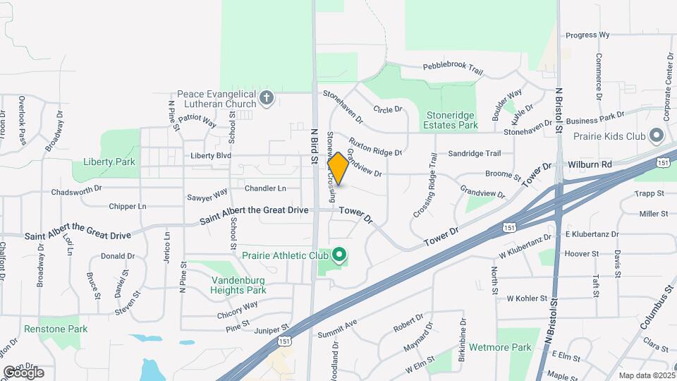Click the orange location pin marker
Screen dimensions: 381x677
tap(338, 169)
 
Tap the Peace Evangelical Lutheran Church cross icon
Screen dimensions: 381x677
tap(267, 98)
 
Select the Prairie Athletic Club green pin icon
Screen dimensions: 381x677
tap(339, 254)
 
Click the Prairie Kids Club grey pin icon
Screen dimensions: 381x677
tap(657, 134)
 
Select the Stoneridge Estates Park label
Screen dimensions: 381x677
tap(452, 120)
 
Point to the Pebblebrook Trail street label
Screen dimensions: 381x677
tap(453, 68)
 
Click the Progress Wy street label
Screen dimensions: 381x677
tap(587, 35)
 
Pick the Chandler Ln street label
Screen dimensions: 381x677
tap(265, 188)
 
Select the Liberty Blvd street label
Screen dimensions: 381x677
tap(211, 155)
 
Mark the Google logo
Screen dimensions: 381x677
tap(23, 372)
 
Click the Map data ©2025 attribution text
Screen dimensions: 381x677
tap(646, 375)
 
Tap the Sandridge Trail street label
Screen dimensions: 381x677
tap(474, 153)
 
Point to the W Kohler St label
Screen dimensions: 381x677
tap(527, 299)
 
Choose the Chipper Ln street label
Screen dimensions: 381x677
tap(127, 207)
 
